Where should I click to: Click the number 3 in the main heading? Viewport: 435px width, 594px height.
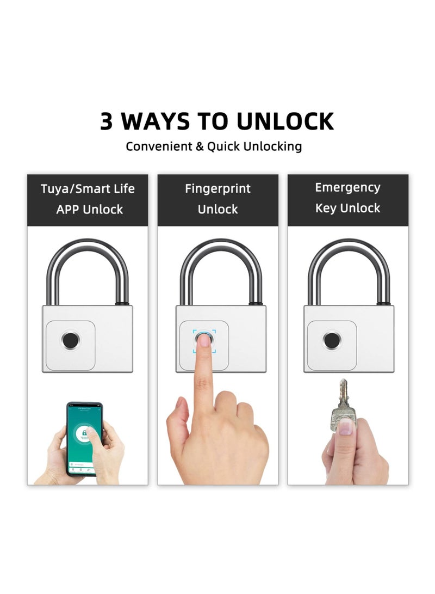[x=107, y=121]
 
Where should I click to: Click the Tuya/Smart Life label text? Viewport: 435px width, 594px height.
[x=88, y=189]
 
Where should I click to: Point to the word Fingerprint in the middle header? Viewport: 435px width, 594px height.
[x=217, y=189]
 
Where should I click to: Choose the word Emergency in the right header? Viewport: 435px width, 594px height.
[x=347, y=188]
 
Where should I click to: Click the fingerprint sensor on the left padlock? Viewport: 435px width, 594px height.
[x=70, y=341]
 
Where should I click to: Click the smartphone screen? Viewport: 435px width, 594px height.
[x=84, y=438]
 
